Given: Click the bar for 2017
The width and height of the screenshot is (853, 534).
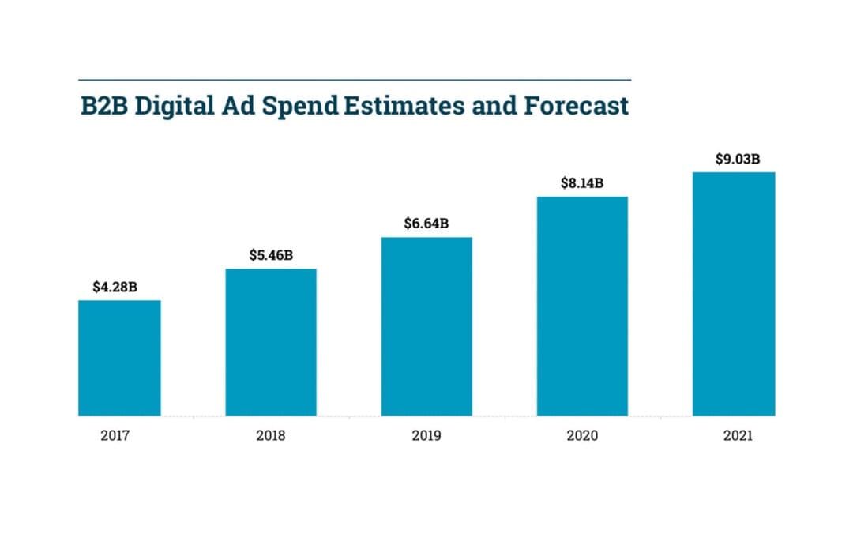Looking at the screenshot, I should click(119, 358).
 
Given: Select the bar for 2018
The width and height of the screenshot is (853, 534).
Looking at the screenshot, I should click(271, 342).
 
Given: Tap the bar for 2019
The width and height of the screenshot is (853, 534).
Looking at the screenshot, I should click(426, 326).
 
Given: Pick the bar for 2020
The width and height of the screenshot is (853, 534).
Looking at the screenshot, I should click(582, 306).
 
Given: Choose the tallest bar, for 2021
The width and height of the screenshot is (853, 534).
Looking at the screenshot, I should click(734, 294).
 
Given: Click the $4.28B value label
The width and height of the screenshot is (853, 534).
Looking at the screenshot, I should click(115, 287).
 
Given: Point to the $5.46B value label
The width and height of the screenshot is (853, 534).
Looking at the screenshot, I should click(271, 255).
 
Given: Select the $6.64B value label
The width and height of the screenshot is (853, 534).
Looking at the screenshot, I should click(426, 224).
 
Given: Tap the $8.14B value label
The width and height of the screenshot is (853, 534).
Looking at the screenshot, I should click(582, 183).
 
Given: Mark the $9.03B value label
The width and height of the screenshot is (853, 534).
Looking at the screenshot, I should click(738, 159).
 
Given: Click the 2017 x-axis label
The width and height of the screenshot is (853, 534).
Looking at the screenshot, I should click(115, 436).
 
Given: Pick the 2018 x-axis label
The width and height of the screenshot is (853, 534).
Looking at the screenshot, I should click(271, 436).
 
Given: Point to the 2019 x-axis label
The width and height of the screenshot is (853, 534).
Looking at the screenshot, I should click(426, 436).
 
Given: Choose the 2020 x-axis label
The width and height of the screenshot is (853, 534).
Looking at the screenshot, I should click(582, 436).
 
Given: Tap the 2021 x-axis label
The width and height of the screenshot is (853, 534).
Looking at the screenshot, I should click(738, 436).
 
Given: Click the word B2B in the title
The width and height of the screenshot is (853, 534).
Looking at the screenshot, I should click(104, 107).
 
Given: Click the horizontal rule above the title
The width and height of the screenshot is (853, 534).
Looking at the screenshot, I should click(355, 80).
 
